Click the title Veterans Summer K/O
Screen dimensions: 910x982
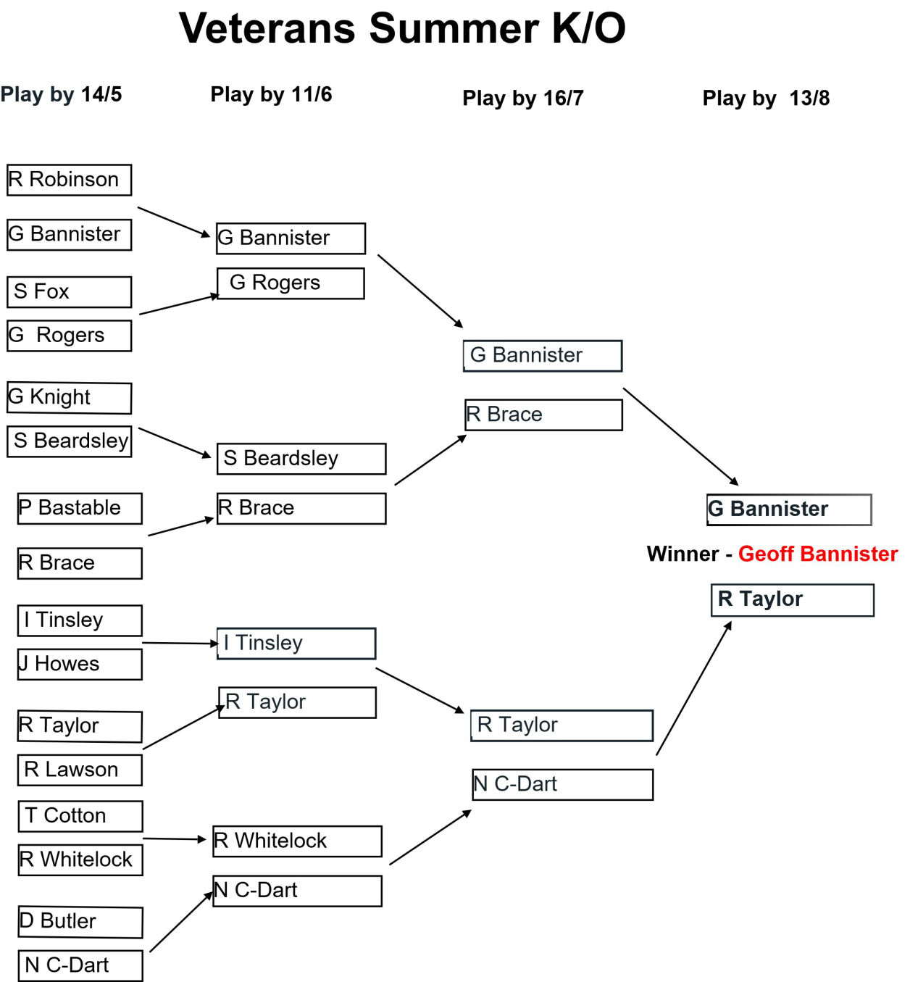point(402,28)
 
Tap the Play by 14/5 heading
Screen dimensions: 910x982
point(61,94)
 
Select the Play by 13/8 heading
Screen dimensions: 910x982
point(766,98)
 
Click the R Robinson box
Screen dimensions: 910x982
point(70,180)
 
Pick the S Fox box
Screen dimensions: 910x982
point(70,292)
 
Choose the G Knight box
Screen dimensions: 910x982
point(70,398)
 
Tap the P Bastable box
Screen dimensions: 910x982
point(80,508)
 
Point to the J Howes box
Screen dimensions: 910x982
point(80,665)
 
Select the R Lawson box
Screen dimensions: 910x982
point(80,770)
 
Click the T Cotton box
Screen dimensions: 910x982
point(80,816)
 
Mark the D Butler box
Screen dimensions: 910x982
point(80,922)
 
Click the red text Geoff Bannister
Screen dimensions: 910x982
point(818,554)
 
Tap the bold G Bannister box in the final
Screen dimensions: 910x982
point(789,509)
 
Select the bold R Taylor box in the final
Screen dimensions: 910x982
point(793,600)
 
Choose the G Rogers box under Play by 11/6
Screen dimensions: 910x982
point(291,283)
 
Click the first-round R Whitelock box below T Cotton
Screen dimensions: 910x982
point(80,860)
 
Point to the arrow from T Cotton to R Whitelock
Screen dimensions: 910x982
point(174,839)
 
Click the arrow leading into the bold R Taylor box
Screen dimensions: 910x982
point(693,688)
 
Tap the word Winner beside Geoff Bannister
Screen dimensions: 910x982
point(682,554)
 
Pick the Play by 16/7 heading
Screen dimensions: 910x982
point(523,98)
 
